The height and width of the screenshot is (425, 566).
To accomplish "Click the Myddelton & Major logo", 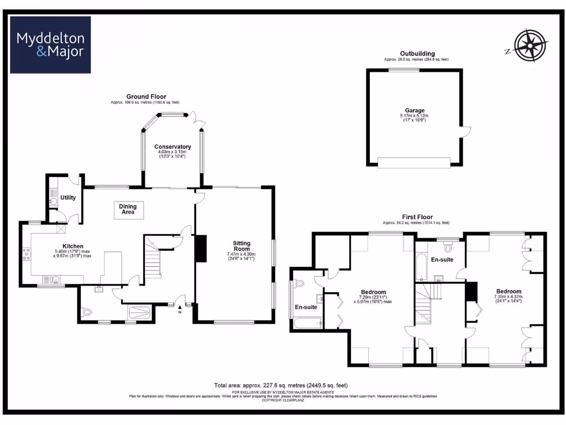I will [x=50, y=45].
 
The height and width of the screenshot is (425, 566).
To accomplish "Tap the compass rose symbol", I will [x=530, y=45].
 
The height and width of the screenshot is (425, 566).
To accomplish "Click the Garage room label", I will [x=414, y=110].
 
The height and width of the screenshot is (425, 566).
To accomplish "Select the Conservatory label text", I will [x=172, y=147].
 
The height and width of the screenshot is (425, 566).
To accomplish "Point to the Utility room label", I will [x=68, y=198].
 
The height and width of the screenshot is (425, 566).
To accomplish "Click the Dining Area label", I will [x=128, y=209].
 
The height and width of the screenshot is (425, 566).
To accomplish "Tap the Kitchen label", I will [x=72, y=246].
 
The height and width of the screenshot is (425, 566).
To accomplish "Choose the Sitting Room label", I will [x=242, y=246].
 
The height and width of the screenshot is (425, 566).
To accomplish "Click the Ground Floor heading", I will [x=146, y=96].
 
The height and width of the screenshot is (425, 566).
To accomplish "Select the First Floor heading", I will [x=417, y=217].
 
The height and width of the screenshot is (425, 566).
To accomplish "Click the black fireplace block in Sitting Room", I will [x=201, y=249].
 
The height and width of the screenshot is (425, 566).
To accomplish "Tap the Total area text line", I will [x=280, y=385].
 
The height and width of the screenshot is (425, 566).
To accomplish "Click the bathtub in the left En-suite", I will [x=308, y=323].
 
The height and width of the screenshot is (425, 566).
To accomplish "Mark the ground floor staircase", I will [x=153, y=260].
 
